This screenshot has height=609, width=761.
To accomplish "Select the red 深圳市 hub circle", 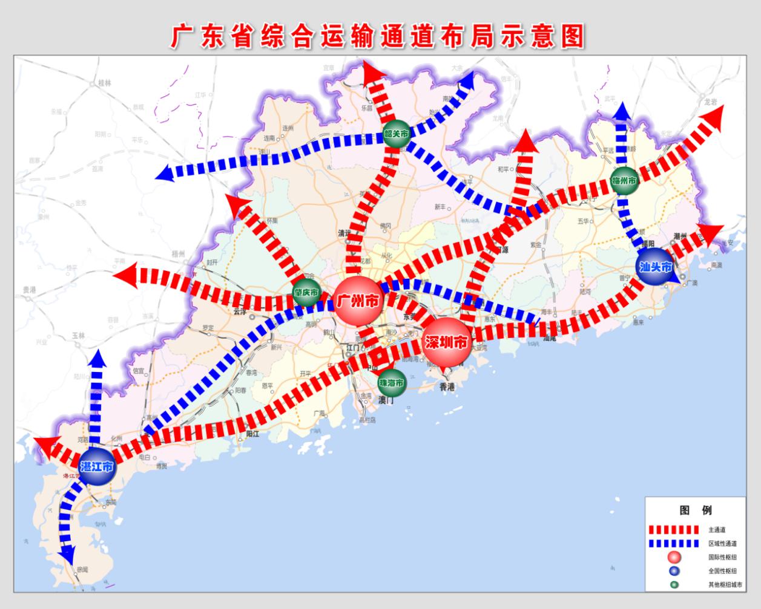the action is pos(447,342).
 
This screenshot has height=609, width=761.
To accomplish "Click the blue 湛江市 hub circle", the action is pos(97,466).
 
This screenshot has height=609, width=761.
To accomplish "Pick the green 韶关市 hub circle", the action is pos(397,134).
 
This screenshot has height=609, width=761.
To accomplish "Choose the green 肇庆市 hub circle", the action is pos(306,292).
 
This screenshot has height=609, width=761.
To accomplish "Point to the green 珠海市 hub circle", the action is pos(392,382).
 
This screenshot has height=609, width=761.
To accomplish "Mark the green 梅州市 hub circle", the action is pos(625,181).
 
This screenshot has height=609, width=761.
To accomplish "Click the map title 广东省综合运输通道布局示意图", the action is pos(378,36).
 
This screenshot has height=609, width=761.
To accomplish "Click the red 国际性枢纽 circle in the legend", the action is pos(674,557).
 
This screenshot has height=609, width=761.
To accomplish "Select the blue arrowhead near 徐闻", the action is pos(67,553).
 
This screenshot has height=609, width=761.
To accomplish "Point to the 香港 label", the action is pos(447,386).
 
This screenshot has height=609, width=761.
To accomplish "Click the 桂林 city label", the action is pos(104,84).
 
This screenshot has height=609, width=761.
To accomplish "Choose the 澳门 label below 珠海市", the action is pos(386,400).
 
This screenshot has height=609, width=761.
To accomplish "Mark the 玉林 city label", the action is pos(78,336).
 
